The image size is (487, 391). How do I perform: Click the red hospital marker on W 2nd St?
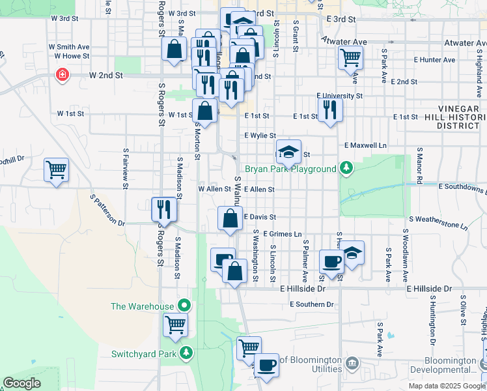(x=62, y=75)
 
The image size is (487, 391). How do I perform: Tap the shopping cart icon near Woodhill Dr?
(x=57, y=170)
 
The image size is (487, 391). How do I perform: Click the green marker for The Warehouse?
(x=185, y=305)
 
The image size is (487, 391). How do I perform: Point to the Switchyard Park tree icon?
(x=187, y=353)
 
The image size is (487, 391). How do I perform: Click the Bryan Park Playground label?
(x=290, y=169)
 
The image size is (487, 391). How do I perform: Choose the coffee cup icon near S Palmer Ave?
(x=331, y=261)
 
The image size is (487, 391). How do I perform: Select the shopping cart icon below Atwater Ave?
(x=350, y=57)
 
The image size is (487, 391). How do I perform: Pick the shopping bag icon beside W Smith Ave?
(x=174, y=49)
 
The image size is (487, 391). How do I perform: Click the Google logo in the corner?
(x=21, y=383)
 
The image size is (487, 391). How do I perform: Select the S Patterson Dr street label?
(x=107, y=210)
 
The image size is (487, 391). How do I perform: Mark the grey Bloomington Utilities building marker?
(x=352, y=362)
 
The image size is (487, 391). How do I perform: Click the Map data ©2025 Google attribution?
(x=447, y=386)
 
